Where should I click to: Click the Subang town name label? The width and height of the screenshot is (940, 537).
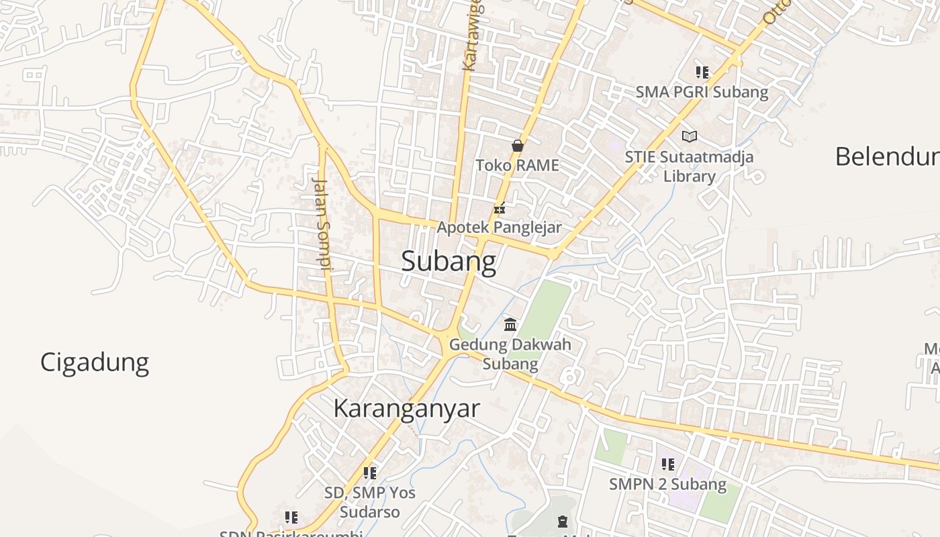click(449, 261)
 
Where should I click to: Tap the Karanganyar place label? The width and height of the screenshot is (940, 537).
click(406, 408)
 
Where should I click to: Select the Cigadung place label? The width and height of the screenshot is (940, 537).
click(95, 362)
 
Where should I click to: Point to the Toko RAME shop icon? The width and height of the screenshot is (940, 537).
click(517, 145)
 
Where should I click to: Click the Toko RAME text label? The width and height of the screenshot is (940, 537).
click(517, 165)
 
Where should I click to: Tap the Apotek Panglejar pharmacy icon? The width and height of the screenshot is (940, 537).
click(499, 208)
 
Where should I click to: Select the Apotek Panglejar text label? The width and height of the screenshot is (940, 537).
click(499, 228)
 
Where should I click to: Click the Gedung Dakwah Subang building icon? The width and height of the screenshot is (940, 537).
click(510, 325)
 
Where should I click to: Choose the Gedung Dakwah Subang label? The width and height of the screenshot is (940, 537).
click(510, 354)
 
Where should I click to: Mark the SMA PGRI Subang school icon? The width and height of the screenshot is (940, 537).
click(702, 72)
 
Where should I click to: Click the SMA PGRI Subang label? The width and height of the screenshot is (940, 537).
click(702, 92)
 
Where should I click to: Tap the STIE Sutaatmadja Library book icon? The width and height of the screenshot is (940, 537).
click(689, 137)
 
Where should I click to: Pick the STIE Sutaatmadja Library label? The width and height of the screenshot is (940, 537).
click(689, 166)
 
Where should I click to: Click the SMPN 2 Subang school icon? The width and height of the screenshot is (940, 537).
click(667, 464)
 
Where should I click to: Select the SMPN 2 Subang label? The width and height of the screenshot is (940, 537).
click(667, 484)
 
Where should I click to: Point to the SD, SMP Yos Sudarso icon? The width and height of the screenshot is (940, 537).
click(369, 473)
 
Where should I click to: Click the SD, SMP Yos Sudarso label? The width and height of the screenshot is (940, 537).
click(369, 502)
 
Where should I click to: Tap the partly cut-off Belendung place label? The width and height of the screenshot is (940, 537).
click(886, 156)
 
